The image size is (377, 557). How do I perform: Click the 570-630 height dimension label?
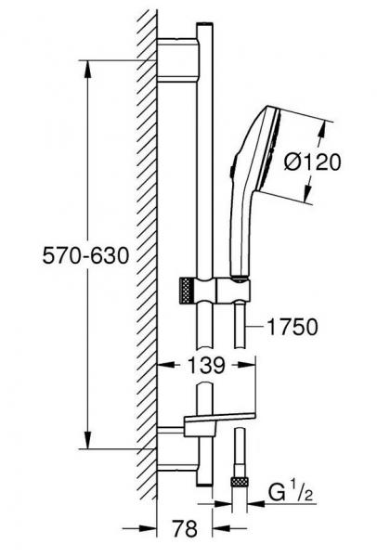coord(83,253)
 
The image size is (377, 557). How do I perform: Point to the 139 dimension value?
coord(201,366)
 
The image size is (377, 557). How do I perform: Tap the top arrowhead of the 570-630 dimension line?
coord(89,66)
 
